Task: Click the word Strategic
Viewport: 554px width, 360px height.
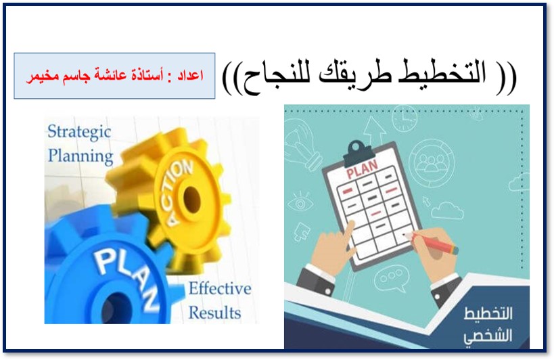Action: point(78,131)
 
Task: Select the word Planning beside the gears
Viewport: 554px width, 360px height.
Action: point(80,156)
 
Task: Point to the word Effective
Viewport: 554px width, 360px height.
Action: point(219,289)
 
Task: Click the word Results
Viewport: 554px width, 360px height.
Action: point(214,313)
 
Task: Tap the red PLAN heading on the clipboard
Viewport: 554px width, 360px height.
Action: point(359,173)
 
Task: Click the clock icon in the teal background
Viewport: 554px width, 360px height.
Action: point(405,118)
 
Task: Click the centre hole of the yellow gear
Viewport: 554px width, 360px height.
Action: point(191,198)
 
